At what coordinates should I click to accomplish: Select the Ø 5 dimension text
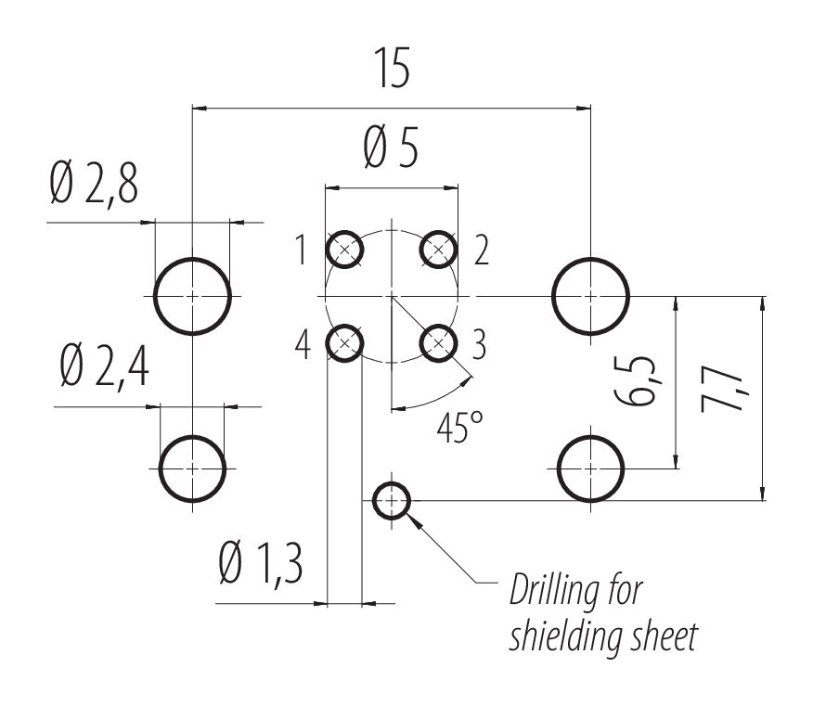tap(391, 148)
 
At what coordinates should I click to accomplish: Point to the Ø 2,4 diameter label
tap(102, 367)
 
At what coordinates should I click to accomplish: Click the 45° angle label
tap(458, 429)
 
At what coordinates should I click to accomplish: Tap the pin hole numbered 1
tap(344, 249)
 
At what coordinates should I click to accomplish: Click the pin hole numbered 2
tap(439, 249)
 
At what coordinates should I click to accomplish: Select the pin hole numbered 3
tap(439, 344)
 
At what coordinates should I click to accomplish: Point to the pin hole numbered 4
tap(344, 344)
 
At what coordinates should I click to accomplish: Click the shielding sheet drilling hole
tap(391, 502)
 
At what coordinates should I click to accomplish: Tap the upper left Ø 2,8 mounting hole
tap(192, 296)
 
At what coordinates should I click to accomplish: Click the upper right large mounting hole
tap(591, 296)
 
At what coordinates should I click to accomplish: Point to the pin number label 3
tap(479, 345)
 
